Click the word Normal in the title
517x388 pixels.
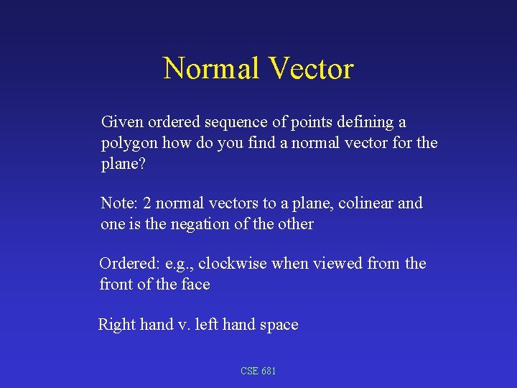(211, 69)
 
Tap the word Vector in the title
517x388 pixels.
(310, 69)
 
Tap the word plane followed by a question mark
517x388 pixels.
(122, 164)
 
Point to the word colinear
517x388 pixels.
(365, 203)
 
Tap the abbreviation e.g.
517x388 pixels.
(180, 264)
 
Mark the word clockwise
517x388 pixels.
(233, 264)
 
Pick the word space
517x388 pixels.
(278, 325)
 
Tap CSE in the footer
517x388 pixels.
(249, 371)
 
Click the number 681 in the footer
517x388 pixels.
(269, 371)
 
